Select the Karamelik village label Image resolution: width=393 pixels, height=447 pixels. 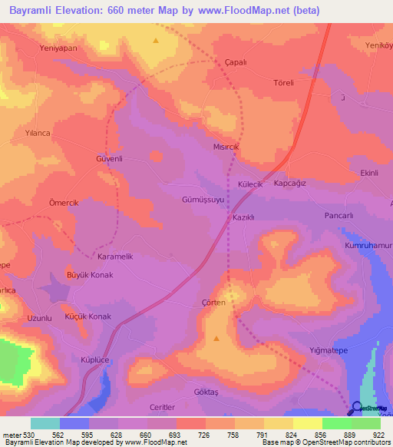[x=116, y=257]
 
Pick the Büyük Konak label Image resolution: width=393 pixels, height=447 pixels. [x=91, y=275]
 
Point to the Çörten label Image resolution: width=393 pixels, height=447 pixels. [x=213, y=303]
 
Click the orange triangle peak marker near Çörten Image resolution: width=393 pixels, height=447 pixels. [x=216, y=338]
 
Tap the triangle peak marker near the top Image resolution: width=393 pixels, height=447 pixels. [x=156, y=40]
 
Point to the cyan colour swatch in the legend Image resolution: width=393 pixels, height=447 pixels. [x=45, y=423]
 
